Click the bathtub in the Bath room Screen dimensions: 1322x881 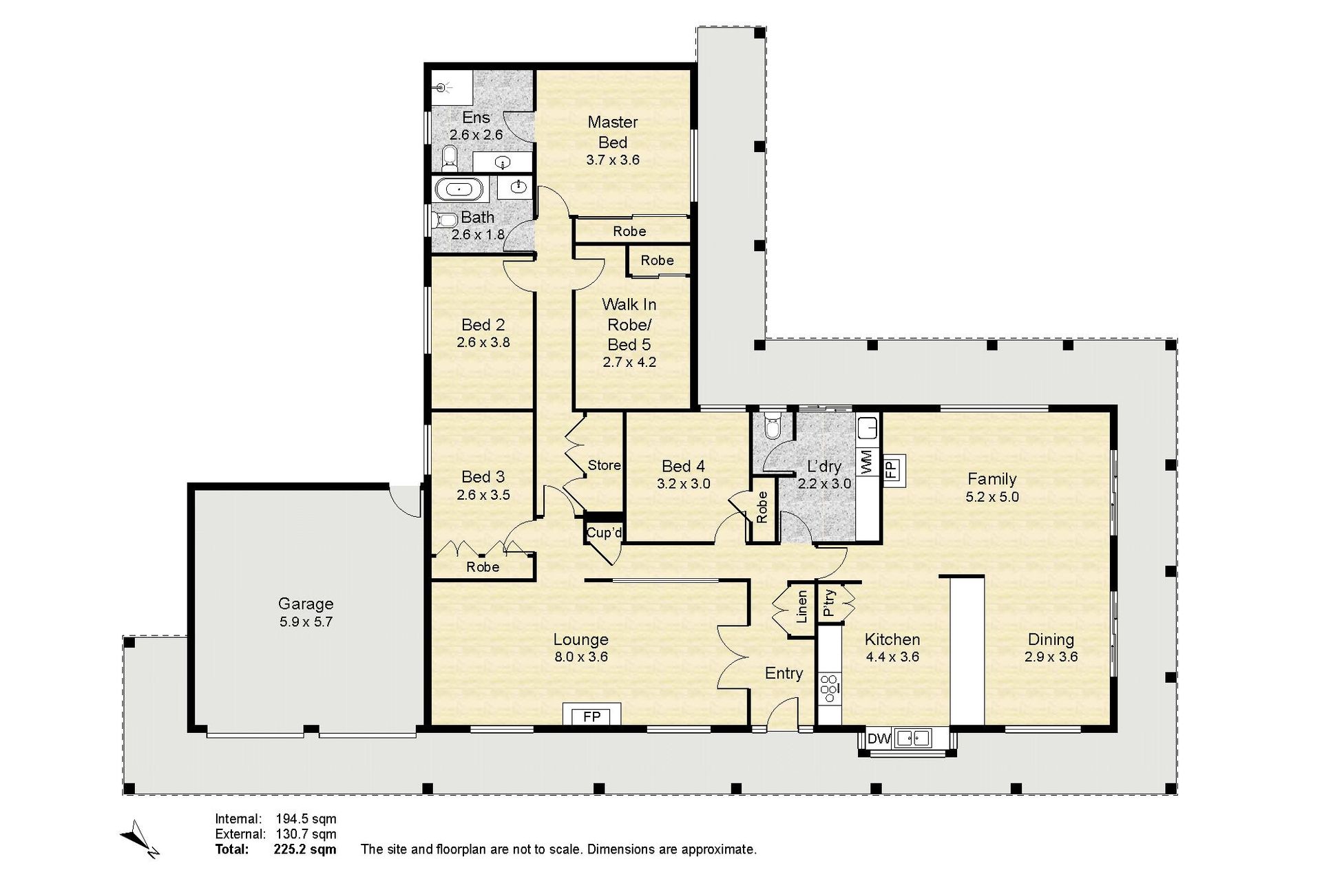click(x=460, y=189)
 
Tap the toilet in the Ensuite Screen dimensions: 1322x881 click(x=450, y=158)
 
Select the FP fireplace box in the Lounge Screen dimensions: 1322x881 click(x=592, y=714)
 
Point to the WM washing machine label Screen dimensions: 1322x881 click(x=867, y=461)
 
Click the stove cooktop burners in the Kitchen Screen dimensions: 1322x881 click(x=829, y=688)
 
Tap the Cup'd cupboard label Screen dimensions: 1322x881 click(x=604, y=533)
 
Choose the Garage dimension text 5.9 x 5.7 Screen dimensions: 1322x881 click(x=306, y=622)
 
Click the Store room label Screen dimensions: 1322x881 click(x=604, y=465)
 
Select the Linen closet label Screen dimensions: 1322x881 click(x=801, y=606)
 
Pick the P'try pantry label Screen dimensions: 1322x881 click(x=829, y=603)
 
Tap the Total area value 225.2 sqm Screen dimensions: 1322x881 click(x=305, y=849)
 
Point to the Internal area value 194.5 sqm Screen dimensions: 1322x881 click(x=306, y=819)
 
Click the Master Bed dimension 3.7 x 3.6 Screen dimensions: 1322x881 click(x=613, y=160)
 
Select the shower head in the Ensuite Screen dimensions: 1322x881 click(x=443, y=87)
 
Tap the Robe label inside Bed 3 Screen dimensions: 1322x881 click(x=483, y=567)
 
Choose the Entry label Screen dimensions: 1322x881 click(x=784, y=673)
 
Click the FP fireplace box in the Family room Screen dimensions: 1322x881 click(x=890, y=469)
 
